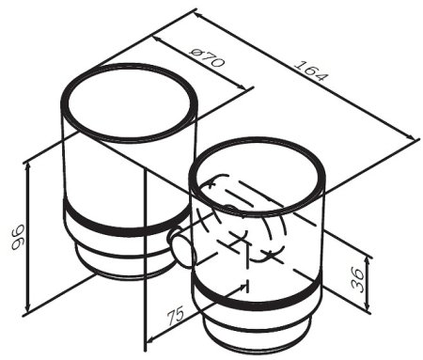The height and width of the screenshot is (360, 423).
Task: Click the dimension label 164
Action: tap(311, 70)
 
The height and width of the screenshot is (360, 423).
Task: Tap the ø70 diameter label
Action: tap(207, 57)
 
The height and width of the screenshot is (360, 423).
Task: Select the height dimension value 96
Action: tap(18, 237)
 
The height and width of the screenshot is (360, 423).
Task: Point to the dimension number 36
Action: tap(358, 279)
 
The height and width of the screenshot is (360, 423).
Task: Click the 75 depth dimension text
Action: tap(175, 317)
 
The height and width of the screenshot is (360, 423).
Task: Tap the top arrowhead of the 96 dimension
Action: tap(28, 166)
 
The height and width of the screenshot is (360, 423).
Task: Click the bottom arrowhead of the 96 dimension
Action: tap(28, 307)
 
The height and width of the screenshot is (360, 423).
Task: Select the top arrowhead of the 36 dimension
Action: tap(368, 260)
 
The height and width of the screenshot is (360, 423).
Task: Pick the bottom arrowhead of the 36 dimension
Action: tap(368, 307)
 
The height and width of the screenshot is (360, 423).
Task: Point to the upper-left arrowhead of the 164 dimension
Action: tap(198, 15)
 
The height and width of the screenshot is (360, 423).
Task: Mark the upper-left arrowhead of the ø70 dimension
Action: tap(158, 39)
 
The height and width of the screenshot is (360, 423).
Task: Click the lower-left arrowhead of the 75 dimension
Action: tap(151, 338)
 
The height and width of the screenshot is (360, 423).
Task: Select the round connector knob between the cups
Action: tap(182, 247)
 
